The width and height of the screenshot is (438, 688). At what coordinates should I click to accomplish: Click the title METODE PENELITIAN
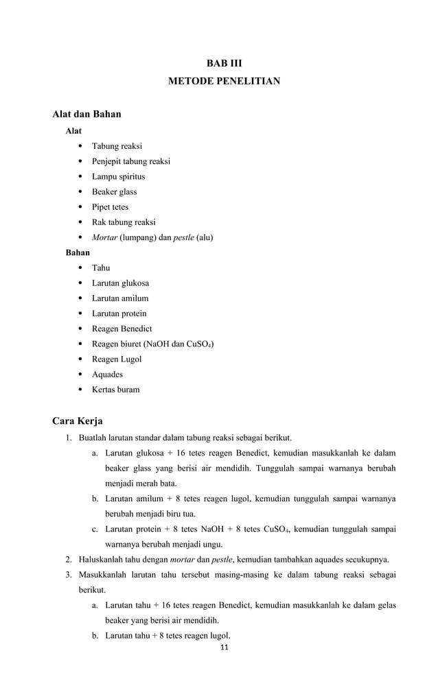tap(224, 82)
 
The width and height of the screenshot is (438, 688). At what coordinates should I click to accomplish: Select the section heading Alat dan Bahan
tap(87, 114)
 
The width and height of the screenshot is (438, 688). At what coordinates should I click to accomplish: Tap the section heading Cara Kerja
tap(78, 420)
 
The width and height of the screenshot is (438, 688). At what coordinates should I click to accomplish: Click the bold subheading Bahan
tap(77, 252)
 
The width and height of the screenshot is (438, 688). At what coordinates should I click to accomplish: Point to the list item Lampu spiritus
tap(119, 177)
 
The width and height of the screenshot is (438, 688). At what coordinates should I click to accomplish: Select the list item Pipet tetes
tap(111, 207)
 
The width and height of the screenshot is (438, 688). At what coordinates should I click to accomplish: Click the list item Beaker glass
tap(115, 192)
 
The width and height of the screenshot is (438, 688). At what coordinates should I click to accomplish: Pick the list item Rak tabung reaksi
tap(124, 222)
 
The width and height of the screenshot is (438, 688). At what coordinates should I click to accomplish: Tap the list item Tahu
tap(101, 268)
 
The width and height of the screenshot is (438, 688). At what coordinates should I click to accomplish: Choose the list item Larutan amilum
tap(120, 298)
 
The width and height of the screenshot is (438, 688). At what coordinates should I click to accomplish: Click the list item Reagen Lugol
tap(117, 359)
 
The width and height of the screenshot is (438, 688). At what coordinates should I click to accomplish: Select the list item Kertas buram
tap(116, 390)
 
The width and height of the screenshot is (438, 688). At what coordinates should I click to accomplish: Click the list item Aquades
tap(108, 375)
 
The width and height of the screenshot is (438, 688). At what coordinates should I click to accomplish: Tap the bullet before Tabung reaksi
tap(81, 146)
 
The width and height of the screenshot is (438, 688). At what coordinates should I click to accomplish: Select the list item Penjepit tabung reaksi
tap(131, 161)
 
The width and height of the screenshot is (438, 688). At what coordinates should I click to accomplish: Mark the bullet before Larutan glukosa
tap(81, 283)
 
